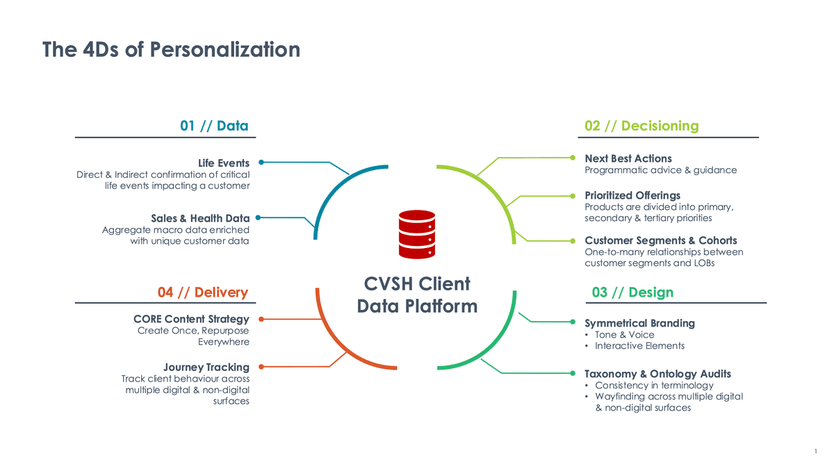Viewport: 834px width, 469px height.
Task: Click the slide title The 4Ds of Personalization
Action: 171,49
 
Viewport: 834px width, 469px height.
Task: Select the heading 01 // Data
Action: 214,126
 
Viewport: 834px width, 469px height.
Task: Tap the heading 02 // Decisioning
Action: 641,126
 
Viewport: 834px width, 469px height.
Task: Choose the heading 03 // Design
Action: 632,292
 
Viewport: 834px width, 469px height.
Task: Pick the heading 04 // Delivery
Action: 203,292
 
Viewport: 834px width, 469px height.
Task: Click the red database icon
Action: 417,234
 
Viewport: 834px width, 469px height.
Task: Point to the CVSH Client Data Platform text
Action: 417,295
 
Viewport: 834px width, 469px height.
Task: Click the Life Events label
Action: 224,163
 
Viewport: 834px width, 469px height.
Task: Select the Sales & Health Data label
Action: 200,219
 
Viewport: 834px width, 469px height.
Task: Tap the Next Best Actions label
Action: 628,158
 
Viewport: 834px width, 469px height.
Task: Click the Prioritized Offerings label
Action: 632,195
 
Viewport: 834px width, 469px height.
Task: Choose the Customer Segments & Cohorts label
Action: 661,240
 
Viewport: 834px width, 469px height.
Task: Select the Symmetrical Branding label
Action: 639,323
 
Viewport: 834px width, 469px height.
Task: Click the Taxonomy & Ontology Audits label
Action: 657,374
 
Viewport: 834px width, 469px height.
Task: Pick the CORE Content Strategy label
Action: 191,319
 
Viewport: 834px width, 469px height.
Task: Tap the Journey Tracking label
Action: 206,367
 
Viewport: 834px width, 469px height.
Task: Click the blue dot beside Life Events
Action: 261,162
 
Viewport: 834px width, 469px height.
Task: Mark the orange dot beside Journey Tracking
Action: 261,366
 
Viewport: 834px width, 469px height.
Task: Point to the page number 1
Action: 815,454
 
